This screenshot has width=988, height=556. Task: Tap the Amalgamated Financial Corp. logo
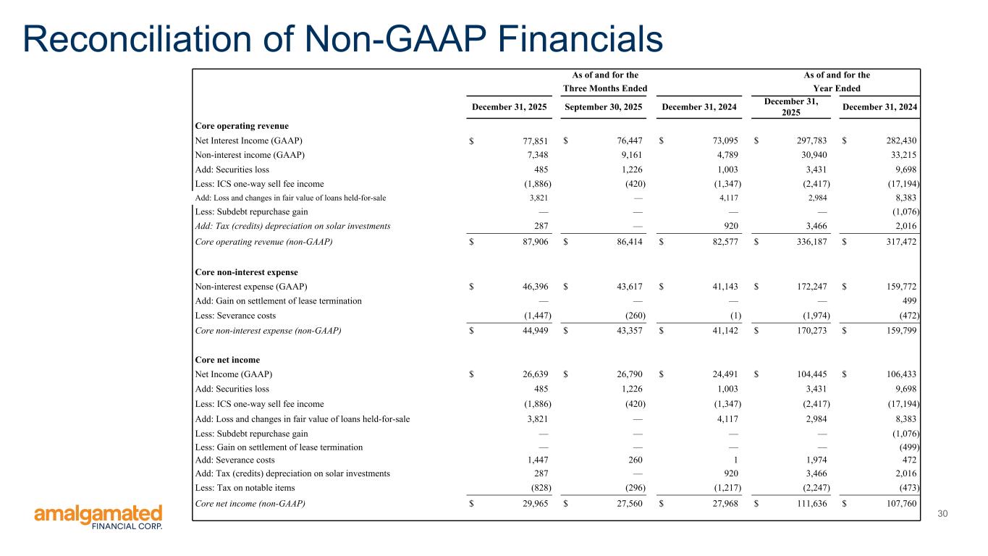(x=98, y=518)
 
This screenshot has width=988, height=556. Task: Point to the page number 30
(x=942, y=514)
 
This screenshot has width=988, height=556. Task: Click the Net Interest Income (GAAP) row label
(x=249, y=140)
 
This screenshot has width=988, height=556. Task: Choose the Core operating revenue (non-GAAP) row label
(x=264, y=242)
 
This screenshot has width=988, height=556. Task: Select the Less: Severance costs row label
(x=235, y=316)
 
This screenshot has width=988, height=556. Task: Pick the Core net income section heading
(x=227, y=360)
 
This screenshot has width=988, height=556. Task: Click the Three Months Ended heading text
(x=605, y=88)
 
